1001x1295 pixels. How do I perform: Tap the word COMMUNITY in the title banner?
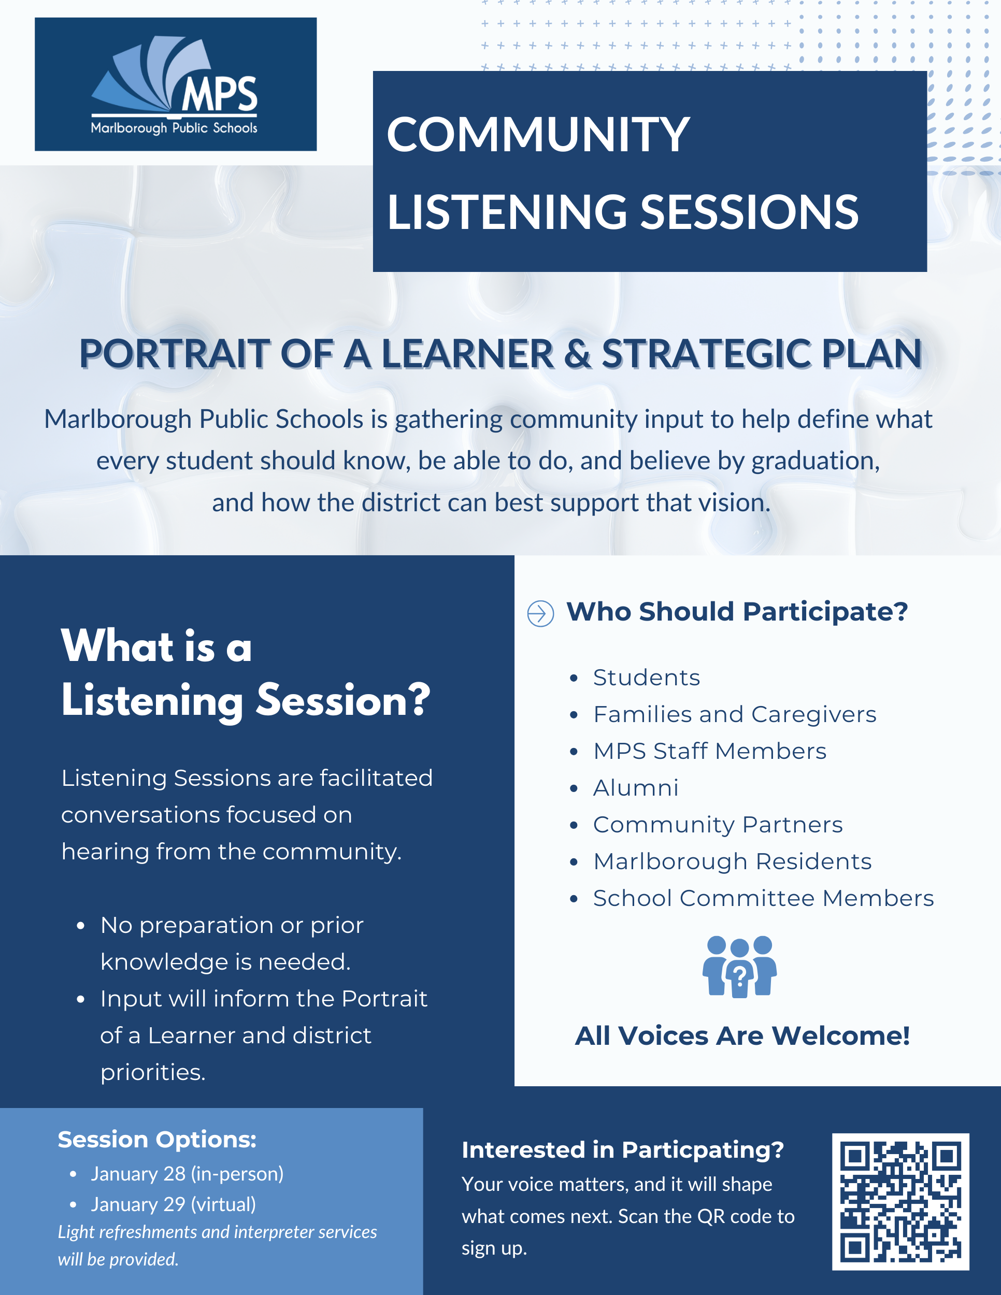pos(538,135)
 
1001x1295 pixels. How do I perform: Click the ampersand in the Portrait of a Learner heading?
pos(578,354)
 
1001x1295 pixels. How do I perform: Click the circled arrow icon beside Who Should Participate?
pos(540,613)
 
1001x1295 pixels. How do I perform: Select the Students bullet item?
pos(647,677)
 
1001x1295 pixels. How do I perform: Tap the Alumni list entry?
pos(636,787)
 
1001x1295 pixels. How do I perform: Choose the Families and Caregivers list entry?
pos(734,714)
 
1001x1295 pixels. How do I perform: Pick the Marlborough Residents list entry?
pos(733,861)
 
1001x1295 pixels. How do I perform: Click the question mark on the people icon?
pos(739,974)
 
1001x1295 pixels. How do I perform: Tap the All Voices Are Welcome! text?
pos(742,1036)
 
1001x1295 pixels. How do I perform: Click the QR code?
pos(900,1201)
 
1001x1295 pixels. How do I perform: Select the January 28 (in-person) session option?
pos(187,1173)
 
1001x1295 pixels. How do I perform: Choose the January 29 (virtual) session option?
pos(173,1204)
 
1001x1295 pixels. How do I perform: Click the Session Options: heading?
pos(157,1139)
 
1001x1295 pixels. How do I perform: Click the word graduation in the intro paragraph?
pos(815,461)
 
